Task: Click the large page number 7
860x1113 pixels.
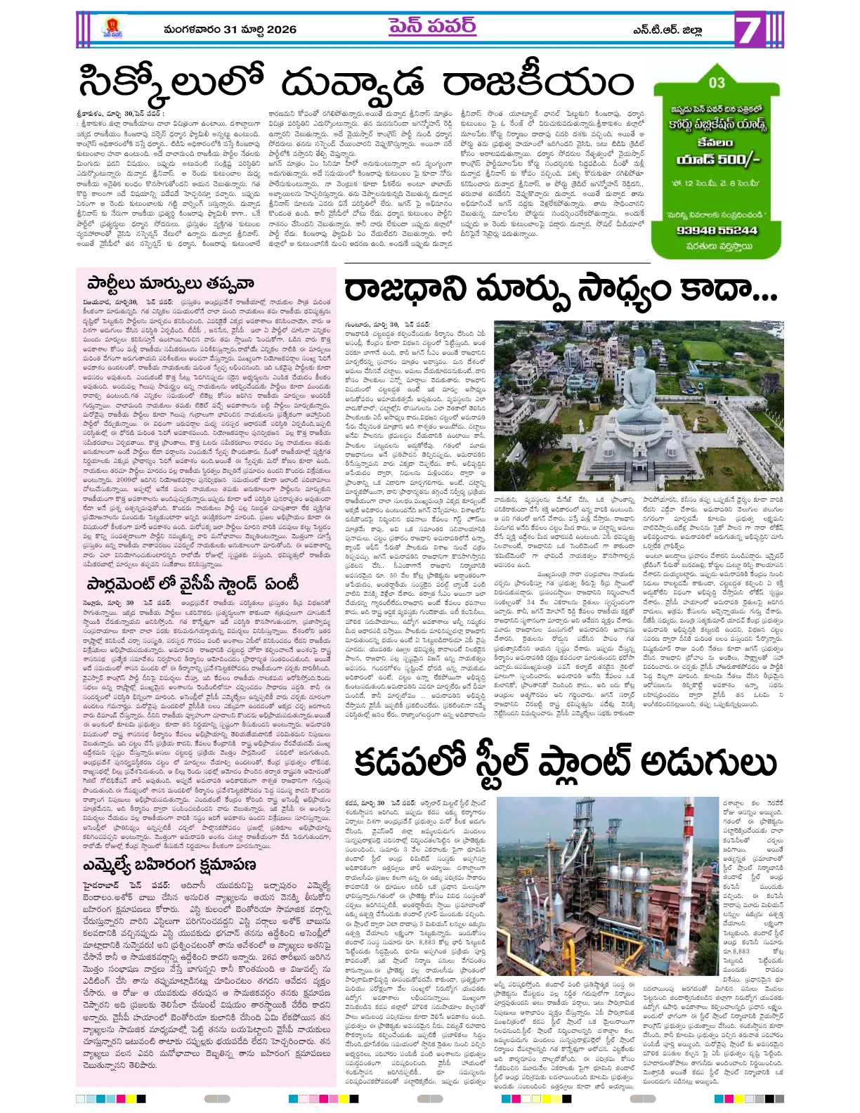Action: pos(749,30)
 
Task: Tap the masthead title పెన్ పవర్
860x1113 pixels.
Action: pos(432,27)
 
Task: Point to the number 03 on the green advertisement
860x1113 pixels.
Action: pos(717,82)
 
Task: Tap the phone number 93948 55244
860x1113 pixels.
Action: pos(717,230)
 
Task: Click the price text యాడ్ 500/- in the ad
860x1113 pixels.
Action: pos(718,160)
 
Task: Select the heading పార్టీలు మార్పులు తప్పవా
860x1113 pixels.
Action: pos(170,283)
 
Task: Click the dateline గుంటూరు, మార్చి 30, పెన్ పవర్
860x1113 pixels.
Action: pos(387,325)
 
